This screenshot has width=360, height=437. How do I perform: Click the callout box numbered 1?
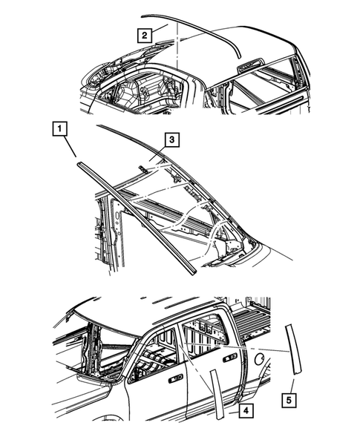coord(58,128)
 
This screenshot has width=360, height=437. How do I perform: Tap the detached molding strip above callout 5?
coord(295,349)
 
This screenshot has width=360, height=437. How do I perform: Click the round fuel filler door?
coord(261,358)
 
